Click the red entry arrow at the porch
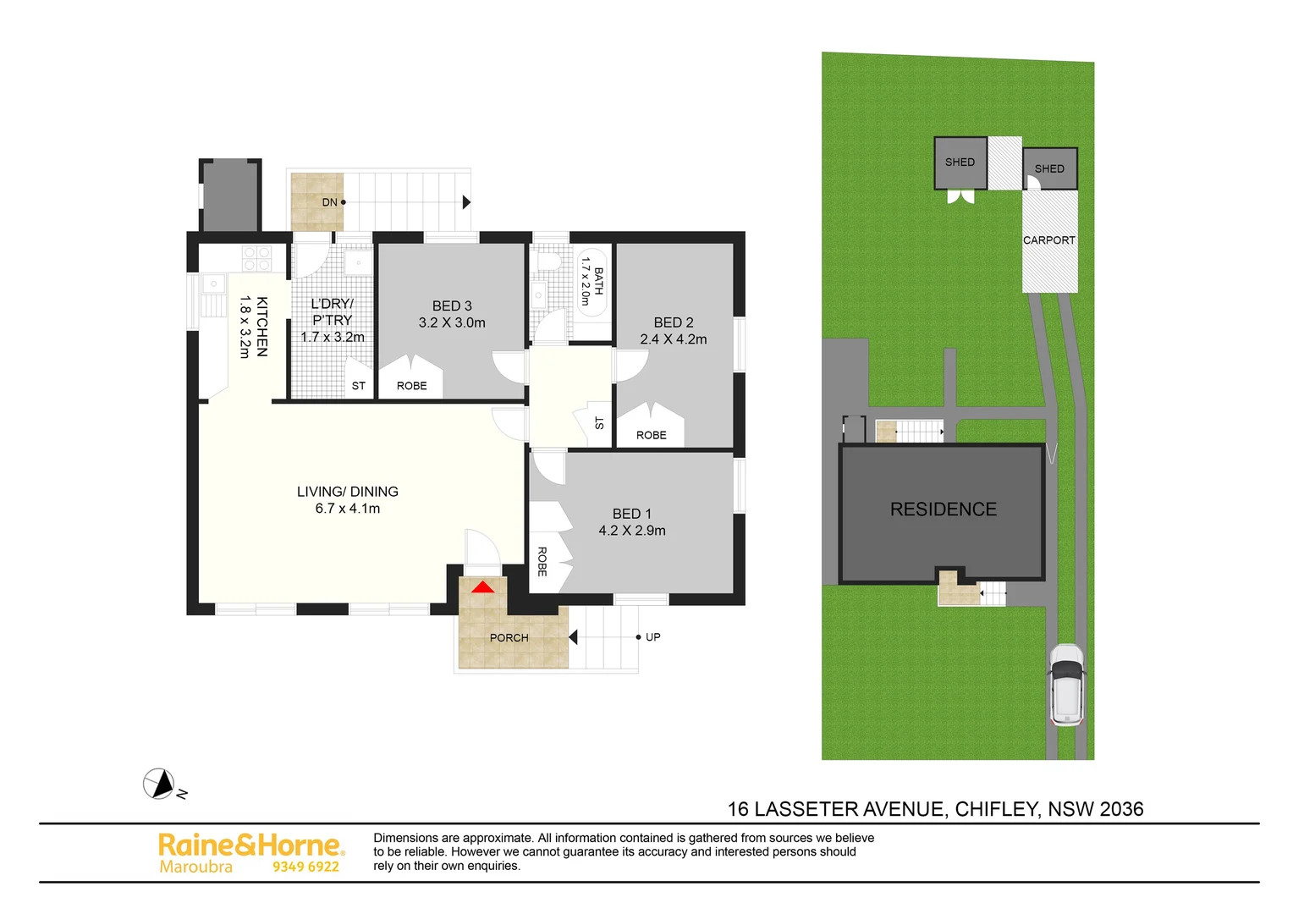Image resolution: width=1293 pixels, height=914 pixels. point(482,586)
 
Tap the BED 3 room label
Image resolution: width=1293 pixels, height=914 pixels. point(452,306)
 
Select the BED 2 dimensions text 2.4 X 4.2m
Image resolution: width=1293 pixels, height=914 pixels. point(673,339)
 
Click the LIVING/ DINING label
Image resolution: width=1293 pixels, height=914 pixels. point(347,492)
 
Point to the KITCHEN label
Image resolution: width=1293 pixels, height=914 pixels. point(261,327)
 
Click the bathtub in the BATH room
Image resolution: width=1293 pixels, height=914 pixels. point(592,282)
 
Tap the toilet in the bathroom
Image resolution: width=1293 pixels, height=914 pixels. point(548,259)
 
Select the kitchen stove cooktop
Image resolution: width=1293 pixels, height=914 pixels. point(256,258)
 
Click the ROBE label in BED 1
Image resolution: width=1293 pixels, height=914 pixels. point(542,561)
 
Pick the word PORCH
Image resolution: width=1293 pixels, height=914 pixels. point(509,638)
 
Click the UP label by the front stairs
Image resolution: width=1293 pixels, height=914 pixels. point(652,637)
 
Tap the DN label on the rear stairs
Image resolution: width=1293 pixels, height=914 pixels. point(329,202)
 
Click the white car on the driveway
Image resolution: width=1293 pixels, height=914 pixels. point(1066,685)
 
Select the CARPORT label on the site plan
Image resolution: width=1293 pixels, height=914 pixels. point(1048,240)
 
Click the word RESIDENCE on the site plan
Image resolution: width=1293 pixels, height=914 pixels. point(943,509)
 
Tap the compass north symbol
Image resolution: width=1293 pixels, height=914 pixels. point(158,784)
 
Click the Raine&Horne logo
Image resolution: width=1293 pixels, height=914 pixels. point(251,845)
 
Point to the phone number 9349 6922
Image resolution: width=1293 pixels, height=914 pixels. point(305,867)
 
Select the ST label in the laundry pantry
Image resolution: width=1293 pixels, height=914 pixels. point(358,386)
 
